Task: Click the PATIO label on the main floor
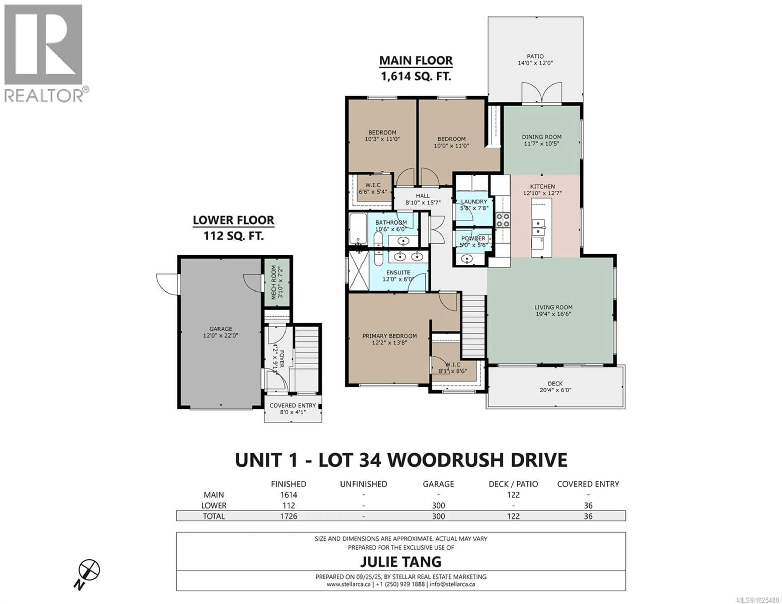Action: click(x=535, y=56)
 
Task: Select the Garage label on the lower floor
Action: click(x=221, y=329)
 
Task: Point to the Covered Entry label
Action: click(x=292, y=405)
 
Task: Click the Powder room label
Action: click(x=473, y=238)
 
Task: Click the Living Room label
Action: click(x=553, y=307)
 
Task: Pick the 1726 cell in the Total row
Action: click(x=289, y=516)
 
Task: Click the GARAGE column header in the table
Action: click(x=438, y=484)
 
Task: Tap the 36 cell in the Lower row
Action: click(x=588, y=505)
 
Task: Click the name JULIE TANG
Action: click(x=401, y=561)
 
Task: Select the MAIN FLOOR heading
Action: click(x=416, y=60)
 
